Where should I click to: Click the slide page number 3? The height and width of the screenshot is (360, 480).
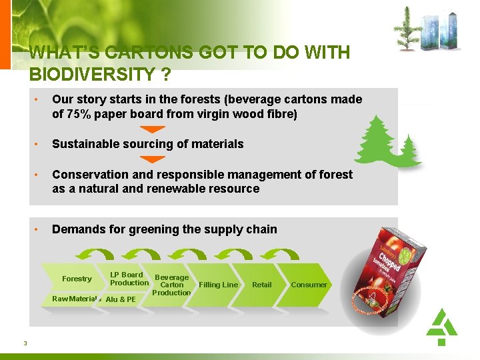coord(25,343)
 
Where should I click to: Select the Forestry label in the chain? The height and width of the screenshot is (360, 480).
coord(77,279)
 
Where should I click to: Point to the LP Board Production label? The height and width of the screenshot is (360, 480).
coord(129,279)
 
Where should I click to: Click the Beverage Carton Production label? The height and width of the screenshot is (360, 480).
coord(171,285)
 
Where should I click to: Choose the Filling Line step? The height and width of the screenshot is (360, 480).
coord(218,285)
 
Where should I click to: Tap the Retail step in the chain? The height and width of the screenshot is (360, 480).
coord(261,285)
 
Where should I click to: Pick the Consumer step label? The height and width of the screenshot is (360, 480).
coord(309,285)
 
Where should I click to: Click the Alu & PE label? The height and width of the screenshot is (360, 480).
coord(121,299)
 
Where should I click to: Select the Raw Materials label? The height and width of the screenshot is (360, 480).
coord(76,299)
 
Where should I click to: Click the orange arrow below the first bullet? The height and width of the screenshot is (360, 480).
coord(154,129)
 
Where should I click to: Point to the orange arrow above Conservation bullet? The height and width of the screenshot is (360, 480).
coord(154,159)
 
